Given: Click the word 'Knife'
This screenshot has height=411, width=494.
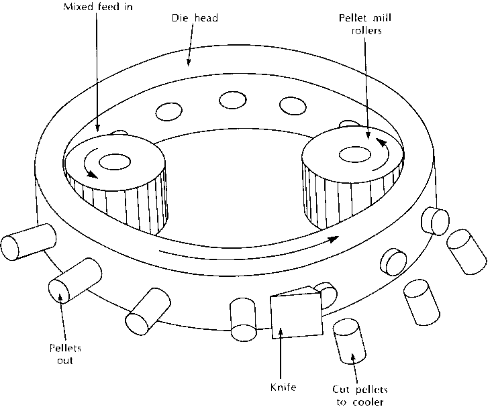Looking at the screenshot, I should pos(282,387).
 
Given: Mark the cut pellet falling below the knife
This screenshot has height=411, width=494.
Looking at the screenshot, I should pos(349,341).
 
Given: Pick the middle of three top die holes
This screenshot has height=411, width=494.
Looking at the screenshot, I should pos(230,100).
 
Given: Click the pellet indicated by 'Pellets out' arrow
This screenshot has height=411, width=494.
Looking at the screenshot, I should pos(75,280).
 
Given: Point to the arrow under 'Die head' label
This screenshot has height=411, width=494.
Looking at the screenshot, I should pos(189,54).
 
